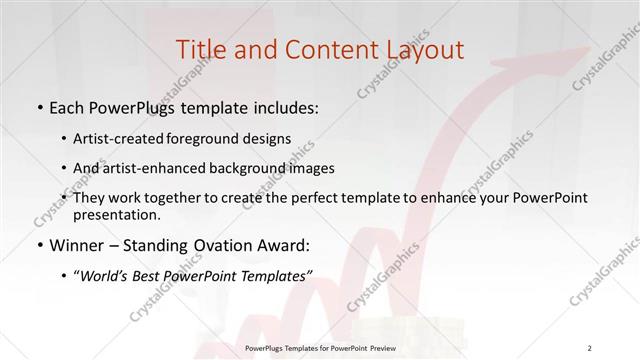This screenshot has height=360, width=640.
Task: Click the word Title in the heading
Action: click(x=199, y=49)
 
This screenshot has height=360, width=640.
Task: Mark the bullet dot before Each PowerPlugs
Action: click(x=38, y=108)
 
